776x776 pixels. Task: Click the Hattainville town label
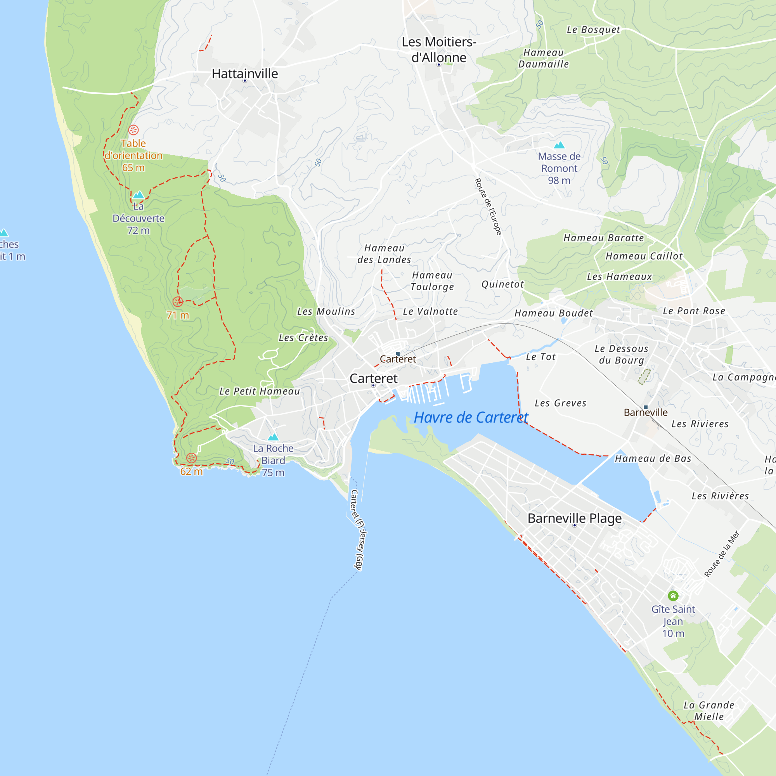point(244,73)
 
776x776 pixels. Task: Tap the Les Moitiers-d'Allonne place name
point(438,49)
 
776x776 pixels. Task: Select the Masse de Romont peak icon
point(559,145)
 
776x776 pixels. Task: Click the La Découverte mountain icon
point(138,195)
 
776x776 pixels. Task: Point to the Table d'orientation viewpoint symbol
point(133,130)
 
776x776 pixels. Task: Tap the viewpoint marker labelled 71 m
point(178,301)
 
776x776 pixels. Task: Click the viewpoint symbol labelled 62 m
point(192,458)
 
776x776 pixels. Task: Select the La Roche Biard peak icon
point(273,437)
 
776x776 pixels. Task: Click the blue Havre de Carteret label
point(471,417)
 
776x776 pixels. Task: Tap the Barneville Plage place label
point(574,518)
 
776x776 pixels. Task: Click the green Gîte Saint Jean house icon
point(673,596)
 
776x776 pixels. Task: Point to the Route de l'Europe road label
point(488,207)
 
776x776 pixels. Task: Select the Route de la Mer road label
point(722,554)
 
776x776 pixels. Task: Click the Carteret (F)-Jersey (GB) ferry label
point(357,530)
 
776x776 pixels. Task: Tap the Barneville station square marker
point(646,407)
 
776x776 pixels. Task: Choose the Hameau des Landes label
point(384,254)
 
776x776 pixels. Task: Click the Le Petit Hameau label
point(260,391)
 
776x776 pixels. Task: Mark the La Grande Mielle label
point(709,711)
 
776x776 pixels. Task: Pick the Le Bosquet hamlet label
point(593,30)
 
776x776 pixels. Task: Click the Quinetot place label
point(502,284)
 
